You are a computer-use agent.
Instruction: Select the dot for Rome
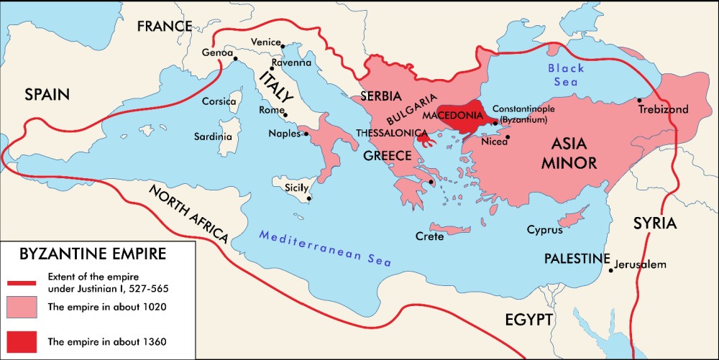(285, 115)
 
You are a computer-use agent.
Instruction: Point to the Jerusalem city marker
(610, 269)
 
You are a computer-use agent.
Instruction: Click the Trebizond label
(663, 109)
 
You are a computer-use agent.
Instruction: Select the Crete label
(429, 236)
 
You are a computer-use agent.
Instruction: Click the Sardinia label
(213, 136)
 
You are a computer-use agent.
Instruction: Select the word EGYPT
(528, 320)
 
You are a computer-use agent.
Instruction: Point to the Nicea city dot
(508, 137)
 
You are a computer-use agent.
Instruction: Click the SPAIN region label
(47, 94)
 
